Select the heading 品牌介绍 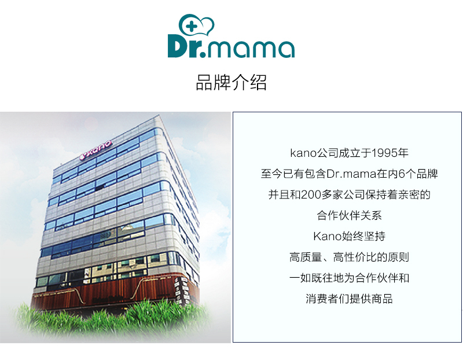click(x=231, y=83)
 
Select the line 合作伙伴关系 click(x=349, y=216)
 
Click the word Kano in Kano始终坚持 click(x=326, y=237)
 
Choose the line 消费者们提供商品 click(x=349, y=299)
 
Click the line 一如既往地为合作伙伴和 click(x=349, y=278)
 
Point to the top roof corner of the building click(x=157, y=119)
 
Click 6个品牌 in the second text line click(x=418, y=174)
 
